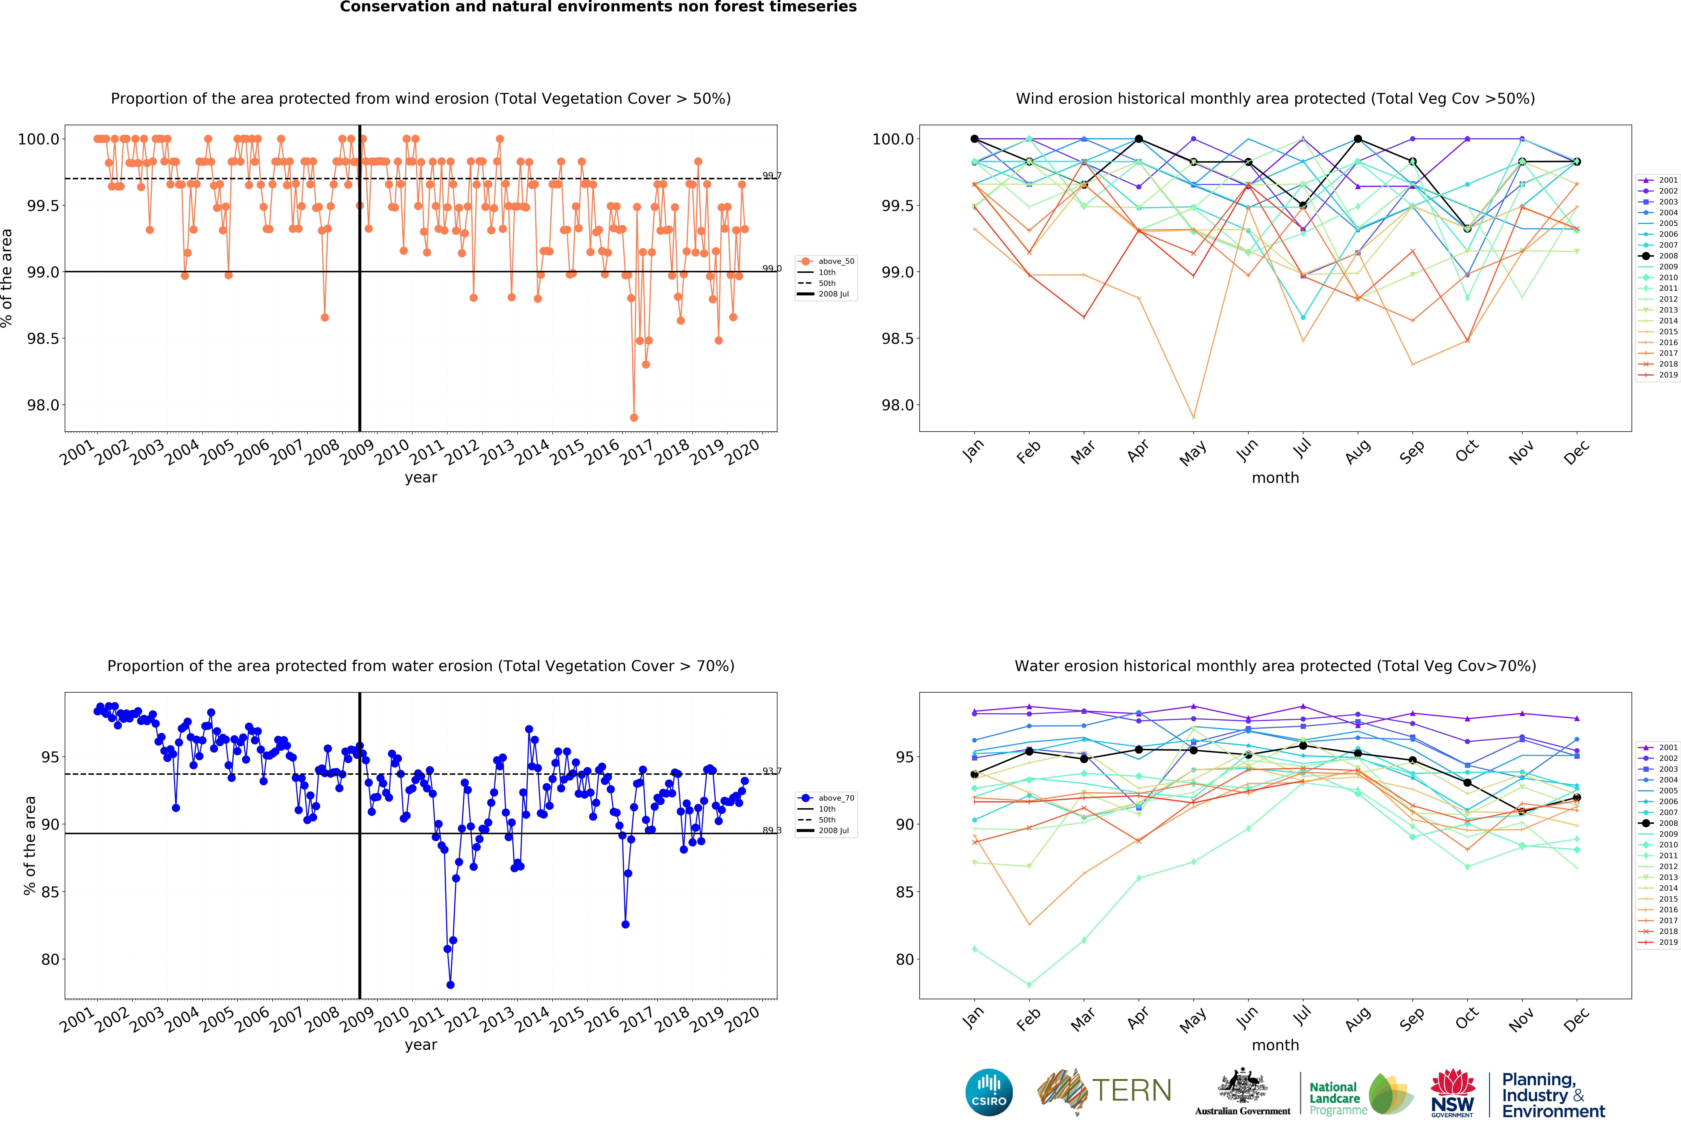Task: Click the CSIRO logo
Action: pos(989,1092)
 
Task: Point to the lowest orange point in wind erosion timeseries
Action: pos(634,417)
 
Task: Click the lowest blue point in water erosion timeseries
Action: pos(450,985)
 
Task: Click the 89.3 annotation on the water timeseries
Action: pos(772,830)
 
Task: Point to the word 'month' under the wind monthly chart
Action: pos(1275,478)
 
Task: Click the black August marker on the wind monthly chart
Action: pos(1358,139)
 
